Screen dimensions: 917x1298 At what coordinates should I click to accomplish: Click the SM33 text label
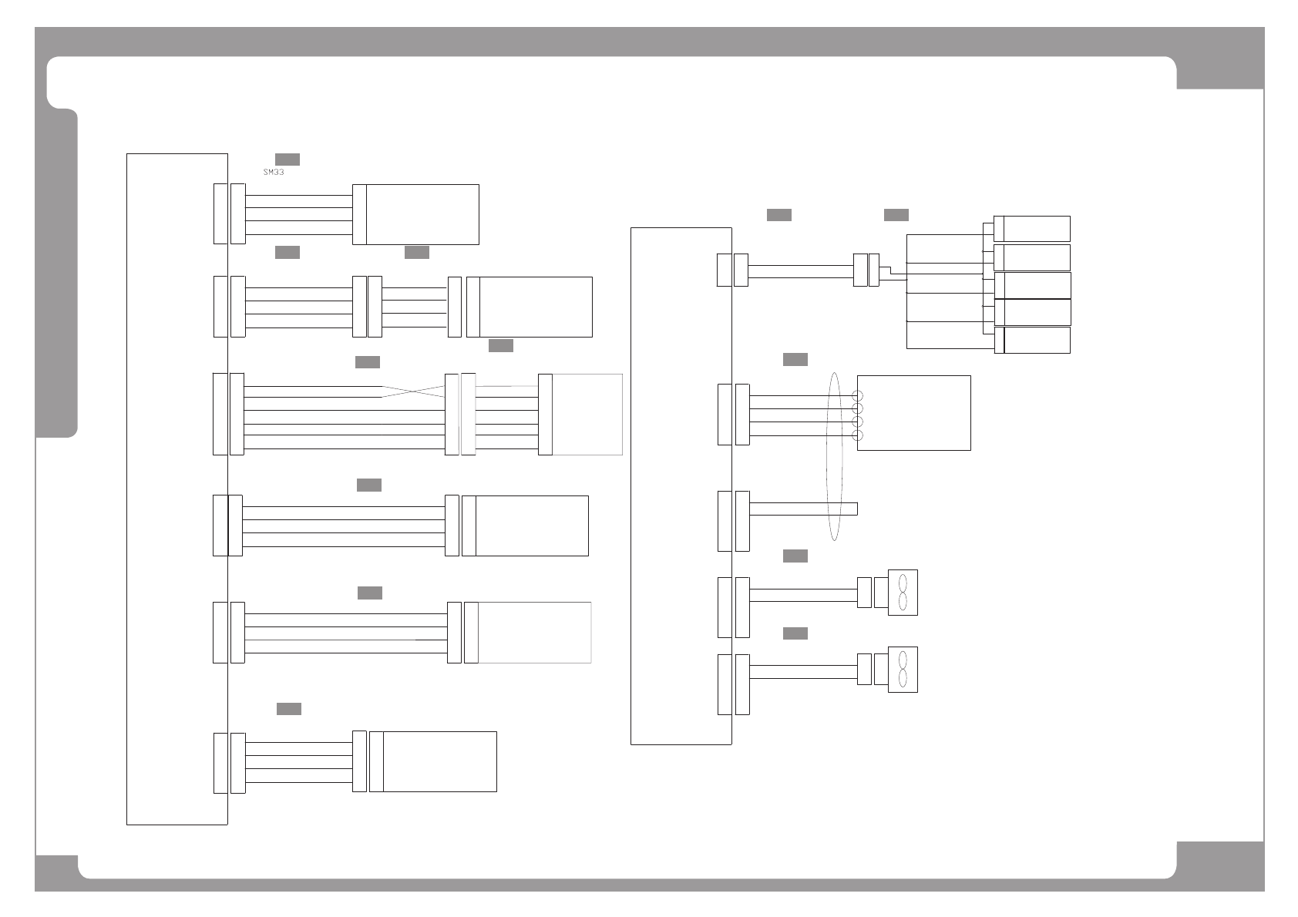[x=274, y=173]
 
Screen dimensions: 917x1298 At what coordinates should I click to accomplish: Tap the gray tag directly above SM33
[x=288, y=160]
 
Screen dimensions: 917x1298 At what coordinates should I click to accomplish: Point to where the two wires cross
[x=413, y=391]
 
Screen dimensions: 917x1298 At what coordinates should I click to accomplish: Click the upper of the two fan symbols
[x=903, y=593]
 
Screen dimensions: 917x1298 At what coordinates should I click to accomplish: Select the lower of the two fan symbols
[x=903, y=670]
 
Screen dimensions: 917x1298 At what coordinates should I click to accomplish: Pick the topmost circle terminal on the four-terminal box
[x=857, y=395]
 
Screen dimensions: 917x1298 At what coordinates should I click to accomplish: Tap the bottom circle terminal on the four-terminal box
[x=857, y=436]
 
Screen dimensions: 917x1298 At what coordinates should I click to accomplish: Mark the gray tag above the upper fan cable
[x=795, y=556]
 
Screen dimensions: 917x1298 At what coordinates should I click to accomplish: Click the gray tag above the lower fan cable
[x=795, y=633]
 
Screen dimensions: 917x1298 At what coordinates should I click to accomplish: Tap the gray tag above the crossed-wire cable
[x=368, y=362]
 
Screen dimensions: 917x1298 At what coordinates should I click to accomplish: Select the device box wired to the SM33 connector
[x=422, y=214]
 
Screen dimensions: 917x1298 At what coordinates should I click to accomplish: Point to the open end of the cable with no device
[x=856, y=509]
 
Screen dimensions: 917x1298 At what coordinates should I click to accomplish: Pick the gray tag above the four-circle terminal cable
[x=795, y=360]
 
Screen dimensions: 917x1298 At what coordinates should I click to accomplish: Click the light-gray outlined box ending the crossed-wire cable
[x=587, y=415]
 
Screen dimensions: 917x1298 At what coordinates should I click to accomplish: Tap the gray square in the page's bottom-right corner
[x=1220, y=866]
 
